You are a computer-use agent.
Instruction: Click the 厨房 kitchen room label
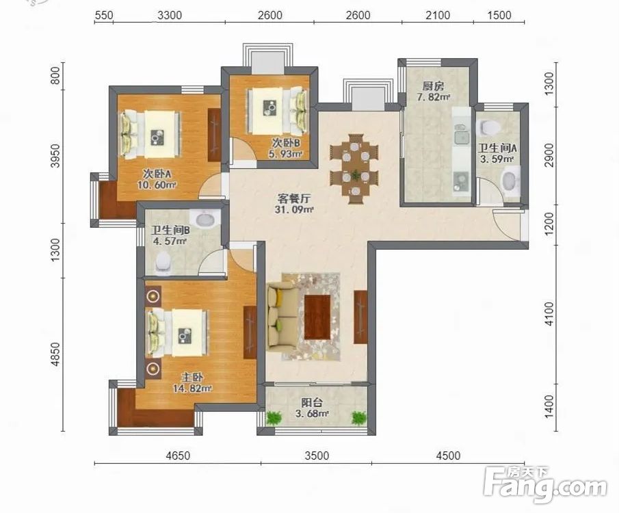(x=433, y=85)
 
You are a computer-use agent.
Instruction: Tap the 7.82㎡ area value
(x=434, y=96)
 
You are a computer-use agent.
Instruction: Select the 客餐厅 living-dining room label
(x=293, y=198)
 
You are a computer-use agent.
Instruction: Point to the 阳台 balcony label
(x=312, y=403)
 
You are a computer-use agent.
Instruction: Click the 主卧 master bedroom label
(x=192, y=378)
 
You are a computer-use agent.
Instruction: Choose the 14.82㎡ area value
(x=192, y=389)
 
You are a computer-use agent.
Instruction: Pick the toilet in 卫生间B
(x=163, y=263)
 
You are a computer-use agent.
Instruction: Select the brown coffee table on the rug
(x=317, y=317)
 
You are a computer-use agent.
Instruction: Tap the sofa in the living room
(x=280, y=315)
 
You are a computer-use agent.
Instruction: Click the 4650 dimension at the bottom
(x=178, y=456)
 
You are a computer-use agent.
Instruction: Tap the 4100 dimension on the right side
(x=549, y=315)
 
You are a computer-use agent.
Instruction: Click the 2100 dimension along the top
(x=438, y=16)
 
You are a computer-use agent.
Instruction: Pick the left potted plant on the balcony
(x=274, y=418)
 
